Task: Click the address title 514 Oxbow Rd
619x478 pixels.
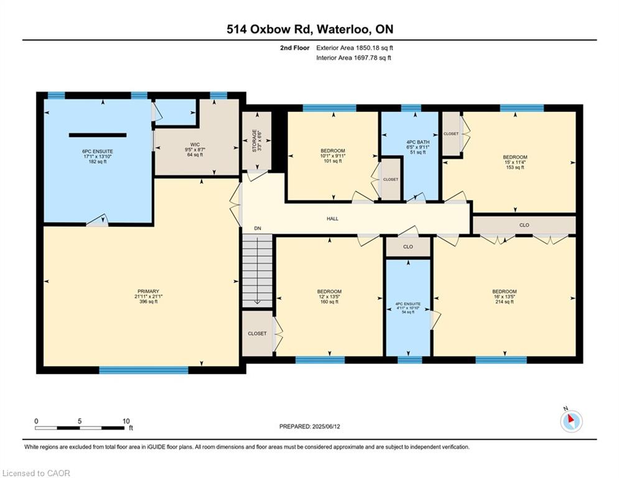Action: [x=309, y=29]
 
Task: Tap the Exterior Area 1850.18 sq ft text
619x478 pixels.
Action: [x=355, y=47]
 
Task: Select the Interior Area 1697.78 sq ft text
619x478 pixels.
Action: [x=354, y=58]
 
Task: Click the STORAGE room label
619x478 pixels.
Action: [x=254, y=140]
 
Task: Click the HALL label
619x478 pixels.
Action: [x=333, y=218]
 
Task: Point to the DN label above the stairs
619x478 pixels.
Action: [x=257, y=229]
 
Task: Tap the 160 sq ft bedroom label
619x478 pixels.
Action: [x=329, y=296]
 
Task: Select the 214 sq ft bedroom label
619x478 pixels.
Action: [x=504, y=296]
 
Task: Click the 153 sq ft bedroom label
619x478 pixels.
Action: [x=515, y=162]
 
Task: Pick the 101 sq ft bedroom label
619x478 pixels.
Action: [x=333, y=156]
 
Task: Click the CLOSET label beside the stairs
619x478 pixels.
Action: [x=256, y=334]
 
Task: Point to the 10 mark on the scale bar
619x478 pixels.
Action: [x=127, y=421]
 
